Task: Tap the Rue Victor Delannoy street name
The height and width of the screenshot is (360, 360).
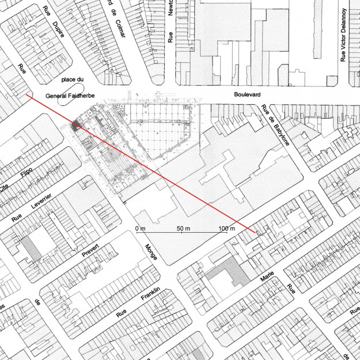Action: [x=343, y=35]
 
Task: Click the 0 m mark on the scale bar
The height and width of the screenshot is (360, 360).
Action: [x=141, y=229]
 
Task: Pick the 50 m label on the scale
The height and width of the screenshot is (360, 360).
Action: [x=184, y=229]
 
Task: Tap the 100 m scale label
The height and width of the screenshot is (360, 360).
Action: [x=227, y=229]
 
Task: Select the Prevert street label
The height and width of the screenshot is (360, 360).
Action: [x=90, y=252]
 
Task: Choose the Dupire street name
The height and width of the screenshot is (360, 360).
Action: [x=55, y=25]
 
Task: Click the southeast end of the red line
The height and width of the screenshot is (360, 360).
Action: [x=256, y=232]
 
